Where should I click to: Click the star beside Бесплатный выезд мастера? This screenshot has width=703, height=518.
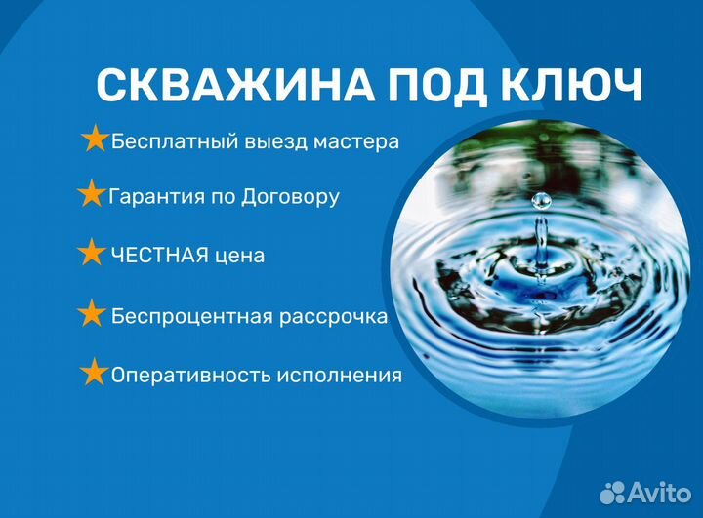click(x=95, y=139)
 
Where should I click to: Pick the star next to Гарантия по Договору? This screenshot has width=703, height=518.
click(x=91, y=194)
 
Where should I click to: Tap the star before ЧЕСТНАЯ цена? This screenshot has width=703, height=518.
click(x=91, y=254)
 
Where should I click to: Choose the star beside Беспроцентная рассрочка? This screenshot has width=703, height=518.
click(x=91, y=314)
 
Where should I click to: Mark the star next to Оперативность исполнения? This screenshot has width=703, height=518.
click(x=94, y=373)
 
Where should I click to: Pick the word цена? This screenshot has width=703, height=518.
click(x=240, y=257)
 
